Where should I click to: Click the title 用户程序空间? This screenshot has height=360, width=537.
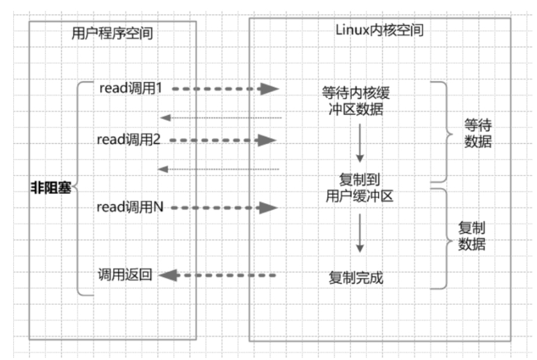tap(112, 34)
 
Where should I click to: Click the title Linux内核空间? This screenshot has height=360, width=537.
tap(379, 30)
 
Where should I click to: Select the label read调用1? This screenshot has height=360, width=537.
tap(131, 88)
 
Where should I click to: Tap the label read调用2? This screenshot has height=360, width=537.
tap(129, 139)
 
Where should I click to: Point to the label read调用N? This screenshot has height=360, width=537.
tap(130, 207)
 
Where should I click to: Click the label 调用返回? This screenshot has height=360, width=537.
tap(125, 275)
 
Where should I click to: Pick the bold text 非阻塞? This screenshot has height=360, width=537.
tap(51, 188)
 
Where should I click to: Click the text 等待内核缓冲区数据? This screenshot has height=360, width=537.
tap(356, 101)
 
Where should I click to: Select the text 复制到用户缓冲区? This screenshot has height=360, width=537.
tap(359, 187)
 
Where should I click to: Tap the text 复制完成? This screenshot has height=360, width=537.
tap(356, 278)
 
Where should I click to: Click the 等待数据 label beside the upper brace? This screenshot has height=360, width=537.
tap(478, 133)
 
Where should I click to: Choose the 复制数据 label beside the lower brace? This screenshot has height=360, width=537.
tap(472, 236)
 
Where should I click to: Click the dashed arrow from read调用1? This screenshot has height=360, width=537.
tap(225, 89)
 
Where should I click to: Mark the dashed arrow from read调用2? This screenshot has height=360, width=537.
tap(223, 140)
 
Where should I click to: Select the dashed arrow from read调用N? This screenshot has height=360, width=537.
tap(225, 208)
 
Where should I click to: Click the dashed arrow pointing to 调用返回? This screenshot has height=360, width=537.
tap(217, 275)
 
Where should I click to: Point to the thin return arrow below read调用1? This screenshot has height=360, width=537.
tap(221, 118)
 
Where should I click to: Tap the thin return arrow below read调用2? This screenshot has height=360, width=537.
tap(219, 169)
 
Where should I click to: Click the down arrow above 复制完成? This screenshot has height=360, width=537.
tap(360, 233)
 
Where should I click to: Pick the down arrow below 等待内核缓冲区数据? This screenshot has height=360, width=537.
tap(360, 143)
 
